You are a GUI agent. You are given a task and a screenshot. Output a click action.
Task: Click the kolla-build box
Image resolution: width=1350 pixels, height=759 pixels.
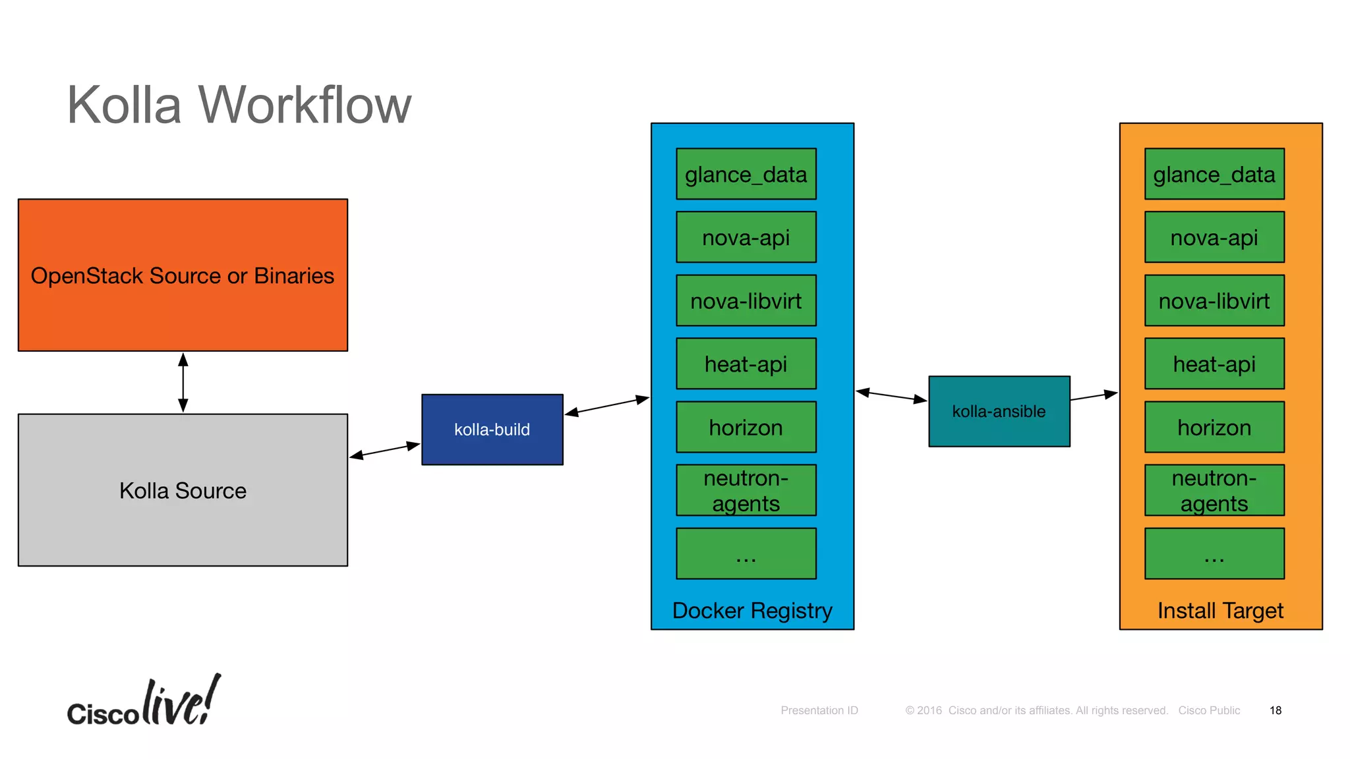pos(492,430)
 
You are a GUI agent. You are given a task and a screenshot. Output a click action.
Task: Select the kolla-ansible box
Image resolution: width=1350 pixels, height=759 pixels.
pos(999,411)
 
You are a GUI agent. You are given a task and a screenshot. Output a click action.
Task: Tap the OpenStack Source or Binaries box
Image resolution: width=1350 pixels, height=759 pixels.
pos(183,275)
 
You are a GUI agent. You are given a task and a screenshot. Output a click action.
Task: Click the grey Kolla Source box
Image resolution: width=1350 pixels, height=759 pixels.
pos(183,490)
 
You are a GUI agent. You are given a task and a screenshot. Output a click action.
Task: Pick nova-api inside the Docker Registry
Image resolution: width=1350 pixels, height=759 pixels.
pos(746,237)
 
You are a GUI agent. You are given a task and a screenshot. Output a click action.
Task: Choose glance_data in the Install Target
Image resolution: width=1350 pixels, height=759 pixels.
pos(1214,174)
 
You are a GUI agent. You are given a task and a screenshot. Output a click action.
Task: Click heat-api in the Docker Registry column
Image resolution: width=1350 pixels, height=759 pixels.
pos(746,364)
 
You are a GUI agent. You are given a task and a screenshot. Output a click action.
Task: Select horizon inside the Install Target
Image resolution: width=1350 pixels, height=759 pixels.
pos(1214,427)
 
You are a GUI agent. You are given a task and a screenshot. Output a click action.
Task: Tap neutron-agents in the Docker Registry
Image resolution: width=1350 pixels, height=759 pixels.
pos(746,490)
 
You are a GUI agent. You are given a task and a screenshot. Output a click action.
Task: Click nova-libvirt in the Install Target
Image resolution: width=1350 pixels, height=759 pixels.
pos(1214,300)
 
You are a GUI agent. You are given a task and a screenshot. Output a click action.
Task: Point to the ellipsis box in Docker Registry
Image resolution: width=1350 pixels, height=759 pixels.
pos(746,553)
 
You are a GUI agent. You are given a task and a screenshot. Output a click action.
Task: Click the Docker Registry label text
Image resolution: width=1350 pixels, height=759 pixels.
pos(752,611)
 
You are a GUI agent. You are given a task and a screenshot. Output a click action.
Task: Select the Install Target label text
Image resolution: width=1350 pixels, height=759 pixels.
pos(1220,611)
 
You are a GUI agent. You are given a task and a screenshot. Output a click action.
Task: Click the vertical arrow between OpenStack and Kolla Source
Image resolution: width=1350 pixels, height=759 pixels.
pos(183,382)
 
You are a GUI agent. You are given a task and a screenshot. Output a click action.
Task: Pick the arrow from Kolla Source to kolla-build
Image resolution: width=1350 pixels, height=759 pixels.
pos(385,450)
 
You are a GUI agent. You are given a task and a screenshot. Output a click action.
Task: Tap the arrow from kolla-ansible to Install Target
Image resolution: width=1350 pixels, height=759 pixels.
pos(1094,396)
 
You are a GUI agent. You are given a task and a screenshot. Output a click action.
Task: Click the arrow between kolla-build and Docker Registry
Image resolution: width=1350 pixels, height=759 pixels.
pos(607,405)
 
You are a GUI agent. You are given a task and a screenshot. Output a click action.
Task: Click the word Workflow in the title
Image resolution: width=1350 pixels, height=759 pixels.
pos(305,105)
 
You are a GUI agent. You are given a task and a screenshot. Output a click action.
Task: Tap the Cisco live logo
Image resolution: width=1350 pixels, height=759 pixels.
pos(144,704)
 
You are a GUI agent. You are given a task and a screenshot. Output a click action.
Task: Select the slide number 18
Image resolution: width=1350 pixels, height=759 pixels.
pos(1275,710)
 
